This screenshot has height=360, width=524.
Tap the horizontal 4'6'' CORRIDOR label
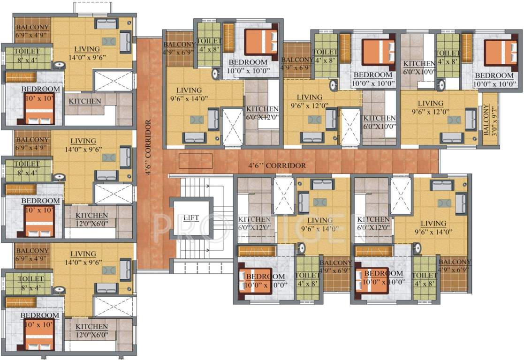(277, 165)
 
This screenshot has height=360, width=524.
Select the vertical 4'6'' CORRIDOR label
(148, 148)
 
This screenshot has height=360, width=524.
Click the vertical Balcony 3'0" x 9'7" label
(489, 120)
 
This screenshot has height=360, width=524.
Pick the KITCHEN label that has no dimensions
(85, 101)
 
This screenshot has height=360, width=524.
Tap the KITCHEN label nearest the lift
(254, 223)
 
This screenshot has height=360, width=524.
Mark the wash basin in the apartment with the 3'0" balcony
(441, 84)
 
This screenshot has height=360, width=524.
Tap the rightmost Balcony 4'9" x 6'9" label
(455, 266)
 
